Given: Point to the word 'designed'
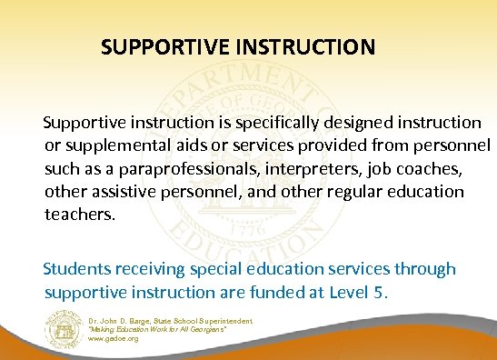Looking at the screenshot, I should [x=351, y=122].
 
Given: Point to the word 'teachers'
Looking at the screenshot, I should [x=79, y=215].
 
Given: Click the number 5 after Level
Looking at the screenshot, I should [x=381, y=293].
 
